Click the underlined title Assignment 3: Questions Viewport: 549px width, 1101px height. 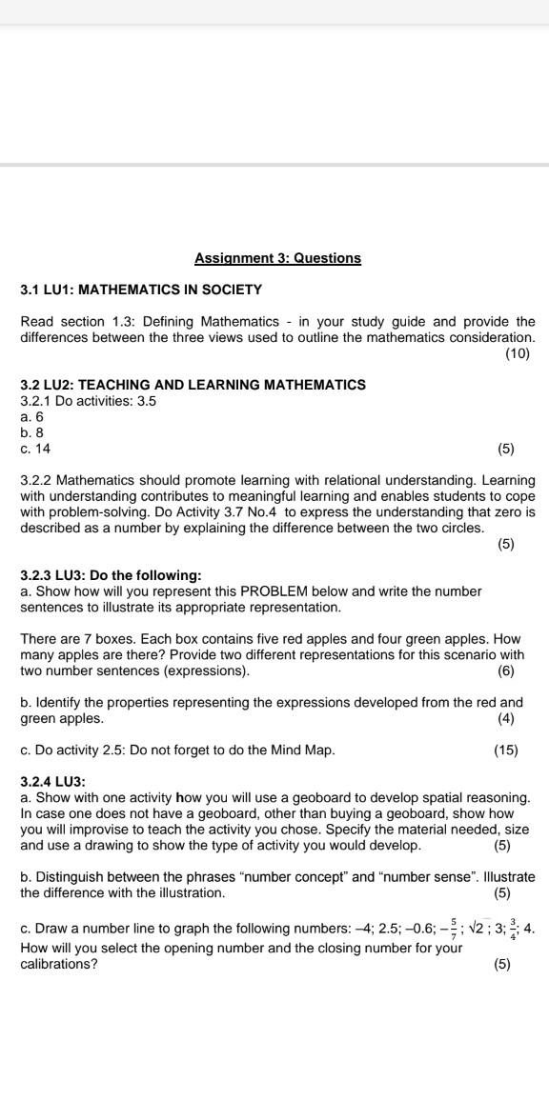pos(277,258)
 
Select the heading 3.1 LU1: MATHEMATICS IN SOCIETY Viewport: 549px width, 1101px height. pos(141,290)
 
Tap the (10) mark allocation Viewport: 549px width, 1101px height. pos(517,353)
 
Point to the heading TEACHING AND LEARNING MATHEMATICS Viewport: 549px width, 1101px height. pos(221,385)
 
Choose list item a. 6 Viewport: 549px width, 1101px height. pos(32,416)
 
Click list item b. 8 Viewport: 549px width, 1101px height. pos(32,432)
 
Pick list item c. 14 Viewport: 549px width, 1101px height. pos(35,448)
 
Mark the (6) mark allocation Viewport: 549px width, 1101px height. pos(505,671)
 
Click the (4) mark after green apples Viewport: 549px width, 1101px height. pos(505,718)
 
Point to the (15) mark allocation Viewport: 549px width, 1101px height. pos(505,751)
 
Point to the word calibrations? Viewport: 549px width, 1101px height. pos(58,964)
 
